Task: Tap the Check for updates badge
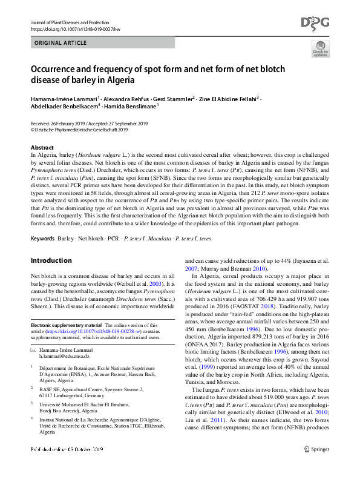pyautogui.click(x=320, y=51)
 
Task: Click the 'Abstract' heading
pyautogui.click(x=42, y=148)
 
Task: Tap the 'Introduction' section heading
pyautogui.click(x=51, y=260)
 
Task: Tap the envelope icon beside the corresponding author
pyautogui.click(x=34, y=350)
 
